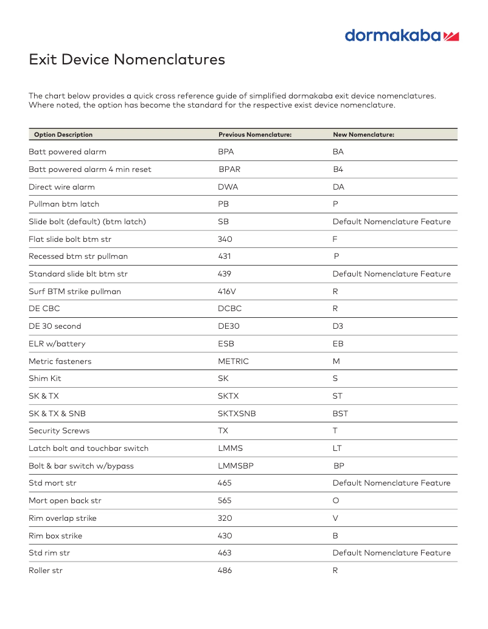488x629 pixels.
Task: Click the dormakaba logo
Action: [x=402, y=35]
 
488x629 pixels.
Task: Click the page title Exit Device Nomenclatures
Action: [x=127, y=60]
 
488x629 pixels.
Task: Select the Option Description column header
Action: [x=63, y=135]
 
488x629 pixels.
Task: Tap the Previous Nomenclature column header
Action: [x=255, y=135]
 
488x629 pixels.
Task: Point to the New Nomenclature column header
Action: [x=363, y=135]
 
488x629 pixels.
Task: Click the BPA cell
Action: [x=226, y=152]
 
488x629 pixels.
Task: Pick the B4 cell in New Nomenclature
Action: [x=338, y=170]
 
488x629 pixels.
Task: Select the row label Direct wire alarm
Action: [x=61, y=187]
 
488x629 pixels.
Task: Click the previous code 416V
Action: [x=228, y=292]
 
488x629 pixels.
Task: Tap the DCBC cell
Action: [x=229, y=309]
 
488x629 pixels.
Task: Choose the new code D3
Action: [x=338, y=326]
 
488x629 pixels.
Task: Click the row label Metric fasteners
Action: [x=60, y=362]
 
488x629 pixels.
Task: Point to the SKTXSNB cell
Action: [x=237, y=414]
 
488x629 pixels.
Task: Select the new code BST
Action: [x=340, y=414]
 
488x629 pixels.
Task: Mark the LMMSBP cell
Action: [x=235, y=466]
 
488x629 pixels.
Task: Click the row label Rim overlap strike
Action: [x=62, y=518]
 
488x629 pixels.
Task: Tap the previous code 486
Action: [x=225, y=571]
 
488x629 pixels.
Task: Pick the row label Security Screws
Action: [x=59, y=431]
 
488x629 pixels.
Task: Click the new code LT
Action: [x=336, y=449]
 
